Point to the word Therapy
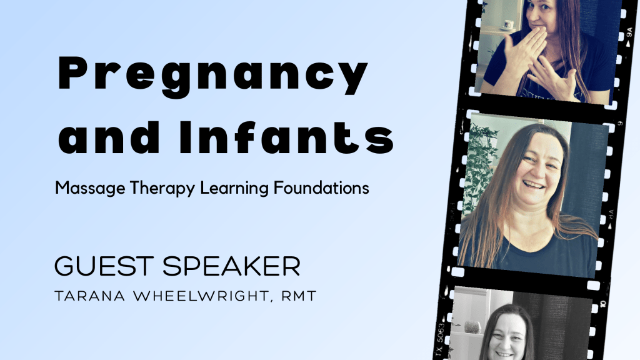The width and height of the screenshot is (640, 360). coord(151,187)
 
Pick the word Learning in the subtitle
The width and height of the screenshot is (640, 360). coord(226,187)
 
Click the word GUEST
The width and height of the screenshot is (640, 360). coord(104,266)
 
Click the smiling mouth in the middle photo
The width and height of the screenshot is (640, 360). coord(532,186)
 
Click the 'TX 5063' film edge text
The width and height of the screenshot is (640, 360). coord(441,338)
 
